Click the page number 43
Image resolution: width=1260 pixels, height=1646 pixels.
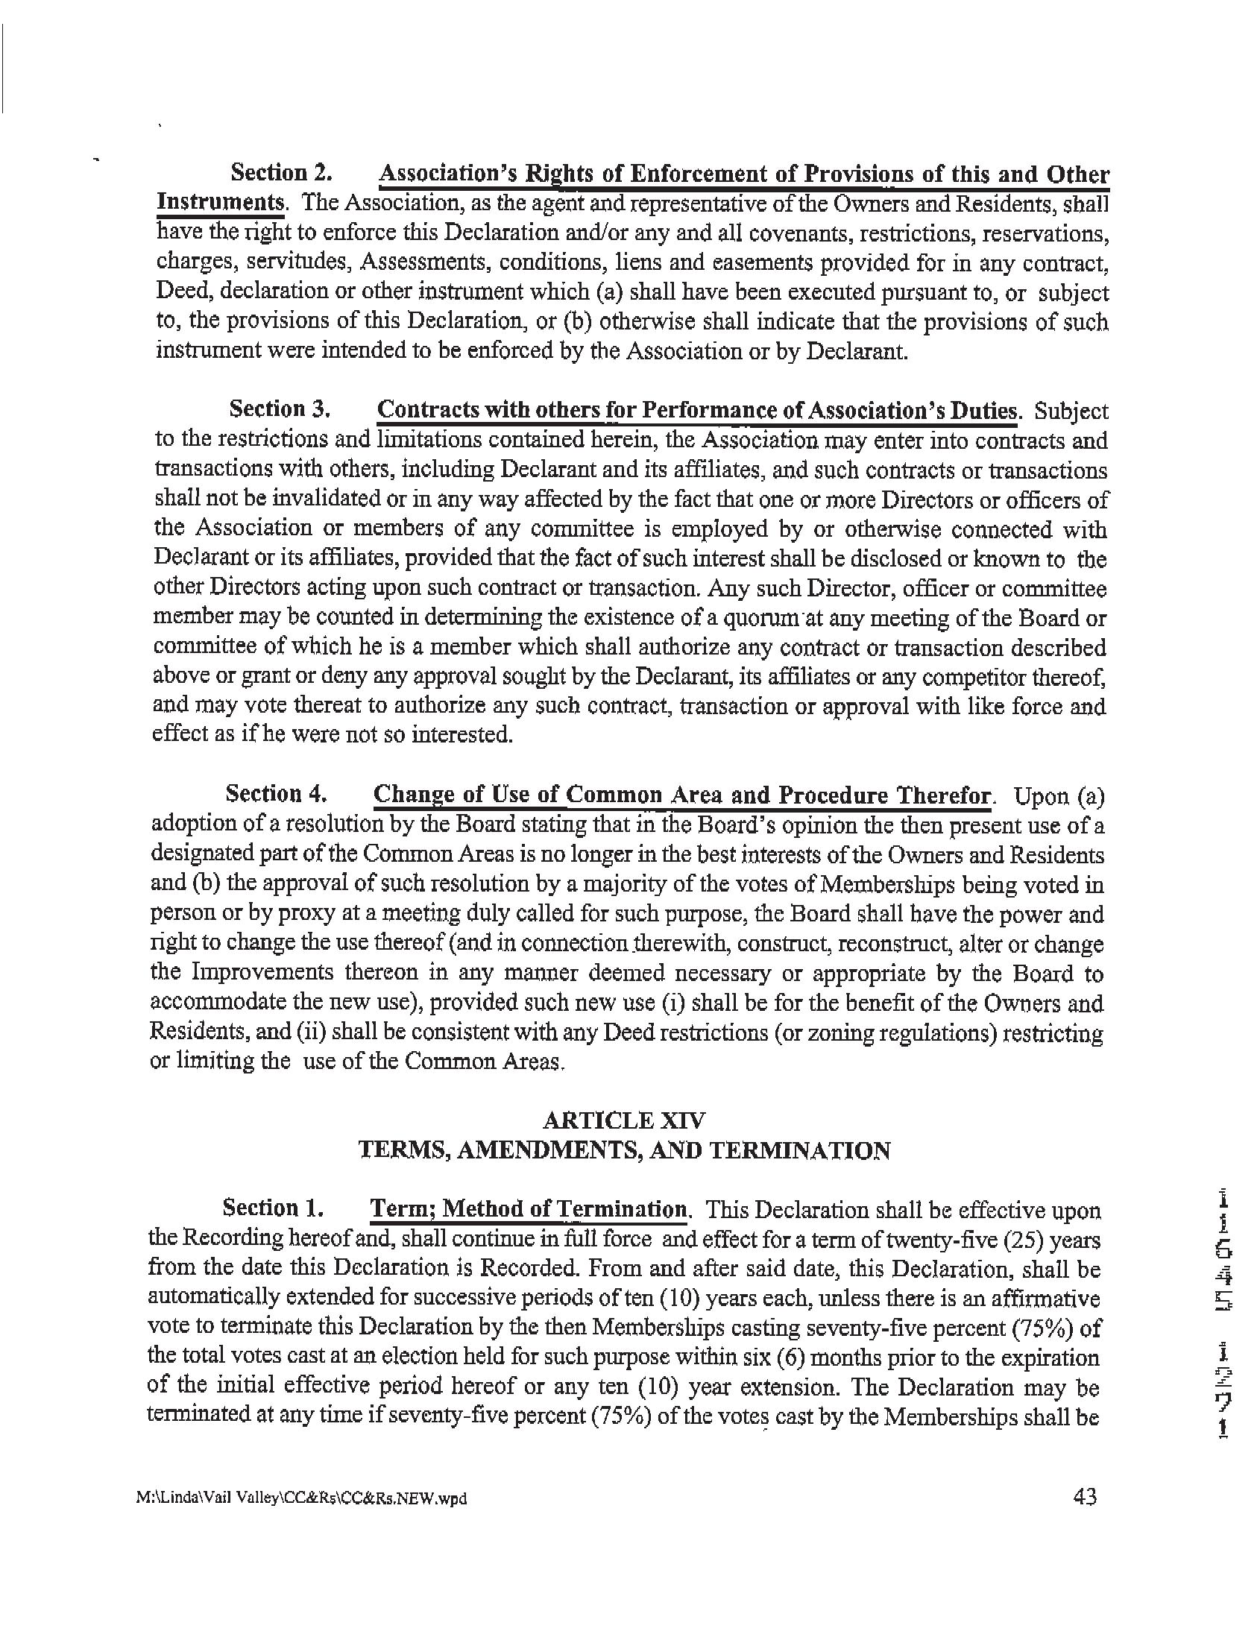1085,1497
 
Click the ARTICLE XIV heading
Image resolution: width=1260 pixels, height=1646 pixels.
623,1120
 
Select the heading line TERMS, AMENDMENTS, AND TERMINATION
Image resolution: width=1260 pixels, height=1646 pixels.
623,1150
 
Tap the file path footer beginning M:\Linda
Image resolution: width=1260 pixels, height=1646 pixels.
301,1499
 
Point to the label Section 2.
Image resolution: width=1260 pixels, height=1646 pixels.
281,173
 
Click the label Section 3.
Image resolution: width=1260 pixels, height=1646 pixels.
280,409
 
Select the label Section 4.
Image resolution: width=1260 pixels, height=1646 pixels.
276,793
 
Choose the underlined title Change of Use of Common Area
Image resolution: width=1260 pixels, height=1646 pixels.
681,795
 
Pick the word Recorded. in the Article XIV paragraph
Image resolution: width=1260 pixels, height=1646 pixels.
529,1269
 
